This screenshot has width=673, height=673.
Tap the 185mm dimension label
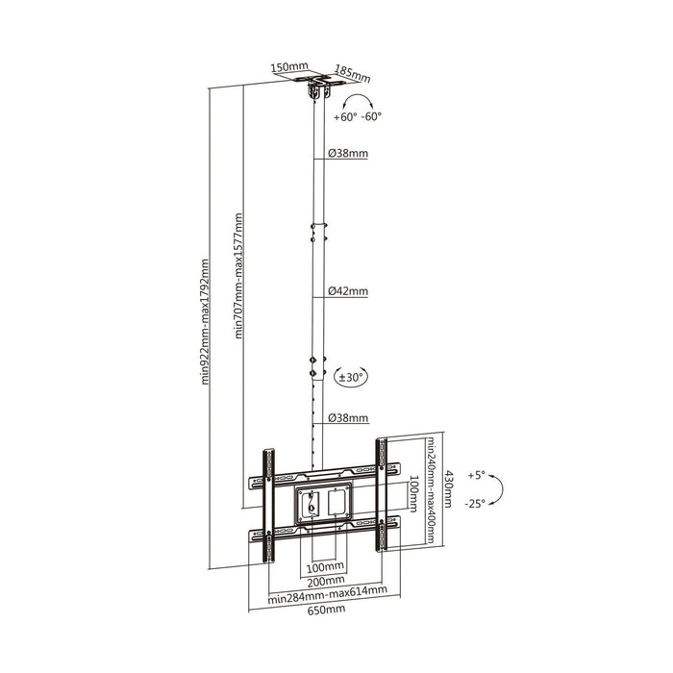(x=353, y=73)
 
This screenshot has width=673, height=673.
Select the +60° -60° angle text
(x=359, y=116)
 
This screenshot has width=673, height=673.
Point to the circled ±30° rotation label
(x=352, y=378)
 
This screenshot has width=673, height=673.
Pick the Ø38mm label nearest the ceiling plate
(x=346, y=153)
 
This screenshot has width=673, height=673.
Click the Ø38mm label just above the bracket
(x=346, y=418)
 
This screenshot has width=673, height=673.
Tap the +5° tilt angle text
(x=478, y=476)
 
